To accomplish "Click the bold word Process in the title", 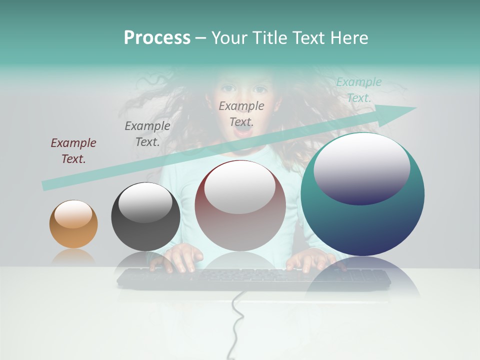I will pyautogui.click(x=157, y=38).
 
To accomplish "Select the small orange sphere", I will pyautogui.click(x=73, y=224).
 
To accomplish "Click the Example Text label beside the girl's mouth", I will pyautogui.click(x=241, y=113).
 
